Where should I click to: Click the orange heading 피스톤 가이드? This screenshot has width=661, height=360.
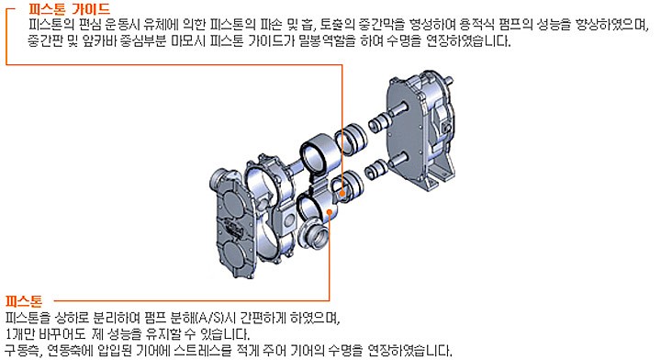[69, 8]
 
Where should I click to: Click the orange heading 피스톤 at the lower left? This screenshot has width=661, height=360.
[24, 301]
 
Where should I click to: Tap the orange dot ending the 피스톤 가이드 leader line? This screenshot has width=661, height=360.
[342, 194]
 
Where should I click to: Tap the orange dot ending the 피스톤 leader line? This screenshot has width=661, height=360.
[330, 213]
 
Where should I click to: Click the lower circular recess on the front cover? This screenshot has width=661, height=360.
[235, 254]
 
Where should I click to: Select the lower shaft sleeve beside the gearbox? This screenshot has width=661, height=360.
[376, 169]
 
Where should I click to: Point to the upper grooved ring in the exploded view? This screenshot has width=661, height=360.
[351, 137]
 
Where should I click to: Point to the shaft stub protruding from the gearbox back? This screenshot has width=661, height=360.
[448, 80]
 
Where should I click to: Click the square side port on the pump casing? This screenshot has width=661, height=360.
[290, 219]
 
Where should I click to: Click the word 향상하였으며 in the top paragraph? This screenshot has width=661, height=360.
[611, 25]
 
